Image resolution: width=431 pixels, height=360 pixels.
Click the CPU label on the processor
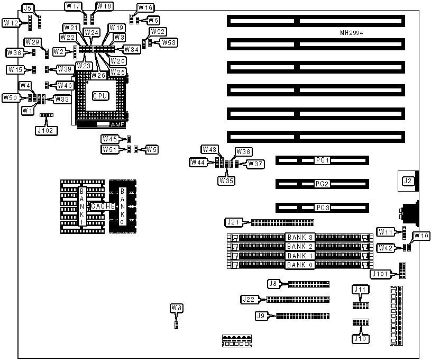100,96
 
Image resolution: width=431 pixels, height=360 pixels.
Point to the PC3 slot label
322,208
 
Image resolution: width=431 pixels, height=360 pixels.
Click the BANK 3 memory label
300,237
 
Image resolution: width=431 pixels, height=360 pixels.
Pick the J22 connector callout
249,299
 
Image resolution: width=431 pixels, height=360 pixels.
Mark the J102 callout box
43,129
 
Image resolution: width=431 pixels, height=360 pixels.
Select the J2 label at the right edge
407,181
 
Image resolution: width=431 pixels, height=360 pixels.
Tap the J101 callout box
382,274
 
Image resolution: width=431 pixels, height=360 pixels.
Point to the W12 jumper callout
12,23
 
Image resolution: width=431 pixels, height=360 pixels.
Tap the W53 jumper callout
169,42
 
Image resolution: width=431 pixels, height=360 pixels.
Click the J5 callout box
28,8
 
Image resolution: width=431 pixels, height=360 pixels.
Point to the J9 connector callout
261,316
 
